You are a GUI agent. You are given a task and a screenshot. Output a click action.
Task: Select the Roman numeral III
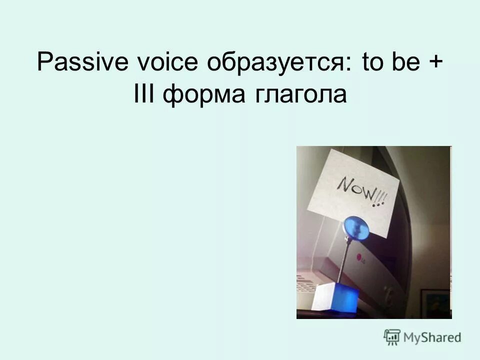[x=145, y=94]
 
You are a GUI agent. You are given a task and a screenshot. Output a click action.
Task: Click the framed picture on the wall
[x=435, y=303]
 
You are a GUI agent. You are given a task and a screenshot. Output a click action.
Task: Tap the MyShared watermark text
[x=433, y=338]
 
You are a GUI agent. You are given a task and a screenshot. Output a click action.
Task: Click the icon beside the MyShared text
[x=392, y=337]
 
